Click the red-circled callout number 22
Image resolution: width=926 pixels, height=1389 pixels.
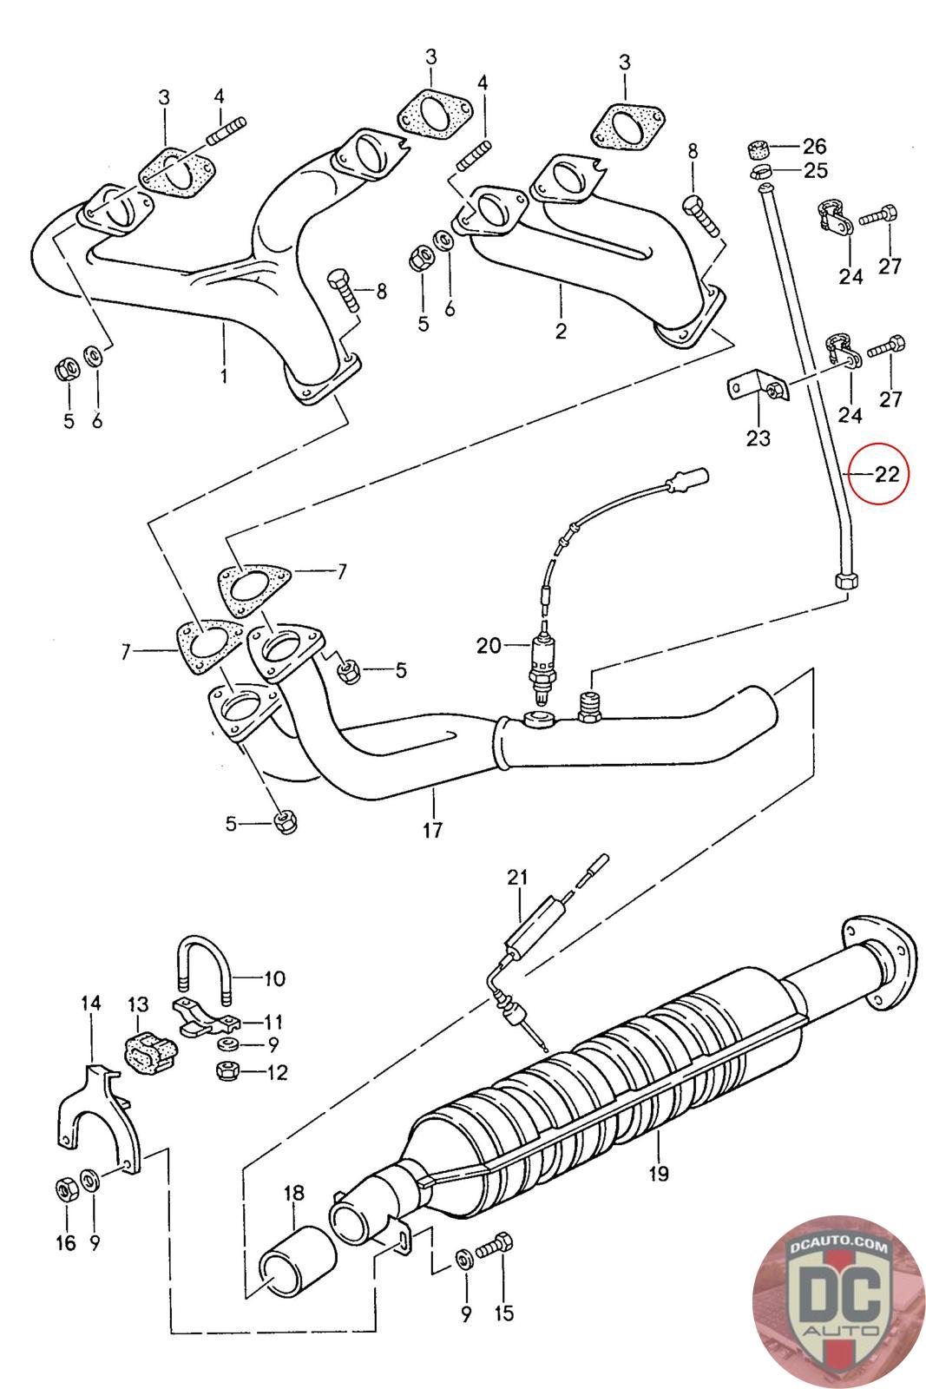(886, 475)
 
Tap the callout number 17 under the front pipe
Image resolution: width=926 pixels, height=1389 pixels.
(433, 830)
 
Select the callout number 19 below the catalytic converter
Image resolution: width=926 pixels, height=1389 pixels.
(658, 1173)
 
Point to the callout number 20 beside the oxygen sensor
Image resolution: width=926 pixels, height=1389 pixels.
(489, 646)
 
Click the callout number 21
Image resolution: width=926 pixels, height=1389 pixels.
(517, 878)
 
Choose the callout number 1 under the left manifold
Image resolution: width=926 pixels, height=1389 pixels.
(224, 376)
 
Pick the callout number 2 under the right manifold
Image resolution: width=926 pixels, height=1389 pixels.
(561, 332)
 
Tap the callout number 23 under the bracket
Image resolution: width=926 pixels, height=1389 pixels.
(758, 438)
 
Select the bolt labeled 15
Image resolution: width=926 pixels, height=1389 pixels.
(495, 1242)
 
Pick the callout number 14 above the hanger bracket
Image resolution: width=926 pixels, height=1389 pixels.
(90, 1004)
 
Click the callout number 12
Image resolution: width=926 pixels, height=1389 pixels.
(277, 1072)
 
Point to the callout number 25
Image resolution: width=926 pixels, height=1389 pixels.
(815, 170)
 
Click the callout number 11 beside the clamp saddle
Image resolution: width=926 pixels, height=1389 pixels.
(273, 1021)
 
